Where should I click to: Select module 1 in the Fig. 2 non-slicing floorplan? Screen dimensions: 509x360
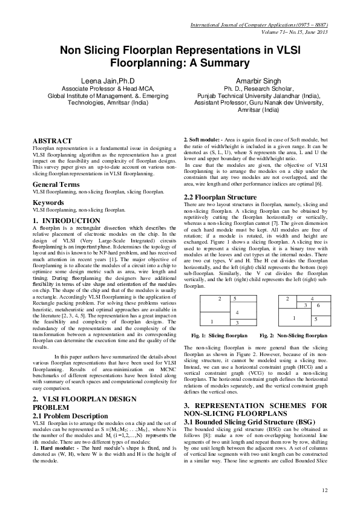(x=293, y=317)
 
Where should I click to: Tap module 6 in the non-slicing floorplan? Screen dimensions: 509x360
(x=318, y=306)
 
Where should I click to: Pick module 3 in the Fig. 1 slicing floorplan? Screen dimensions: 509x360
(x=237, y=323)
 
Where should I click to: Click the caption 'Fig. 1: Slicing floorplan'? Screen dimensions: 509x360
(x=216, y=335)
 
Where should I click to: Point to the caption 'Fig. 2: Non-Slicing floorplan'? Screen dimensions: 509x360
(x=293, y=335)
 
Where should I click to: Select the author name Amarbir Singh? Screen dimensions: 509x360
(x=261, y=80)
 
